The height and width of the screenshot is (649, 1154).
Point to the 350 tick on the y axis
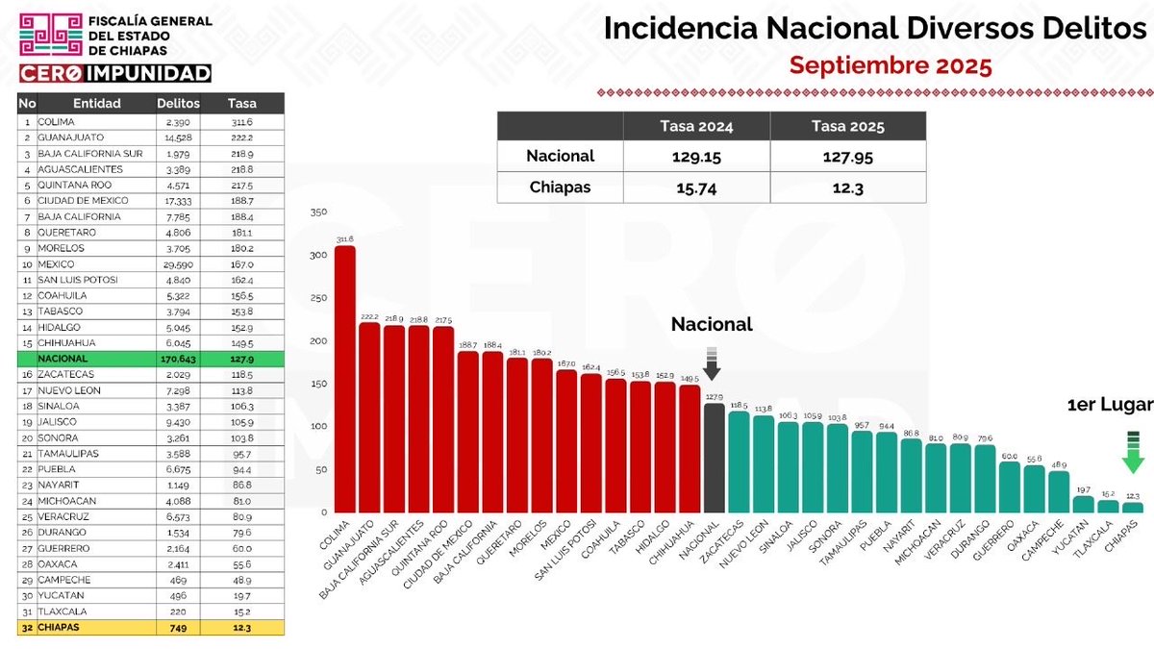coord(320,212)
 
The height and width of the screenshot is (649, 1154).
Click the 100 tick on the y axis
coord(320,426)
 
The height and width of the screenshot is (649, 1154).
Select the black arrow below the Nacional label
coord(712,364)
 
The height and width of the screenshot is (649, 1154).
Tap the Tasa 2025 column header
coord(848,126)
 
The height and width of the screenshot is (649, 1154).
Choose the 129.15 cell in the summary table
coord(697,156)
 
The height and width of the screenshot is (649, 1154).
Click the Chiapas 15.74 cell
coord(697,187)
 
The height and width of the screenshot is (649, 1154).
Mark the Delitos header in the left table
coord(178,103)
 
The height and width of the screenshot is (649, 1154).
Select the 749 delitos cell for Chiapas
coord(180,628)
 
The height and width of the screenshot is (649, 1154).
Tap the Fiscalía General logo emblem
coord(50,36)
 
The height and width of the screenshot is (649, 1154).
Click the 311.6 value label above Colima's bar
coord(344,239)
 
